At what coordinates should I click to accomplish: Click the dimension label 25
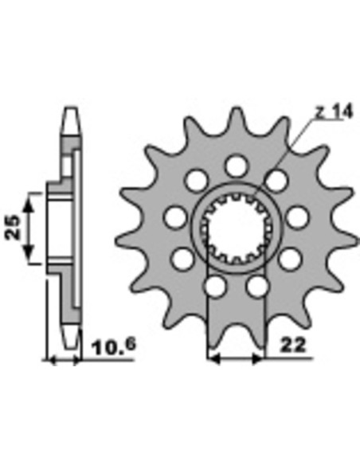pos(13,227)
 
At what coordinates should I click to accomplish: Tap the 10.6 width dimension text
pos(114,347)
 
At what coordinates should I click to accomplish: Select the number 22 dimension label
pos(292,346)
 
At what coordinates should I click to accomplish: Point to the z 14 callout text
pos(334,112)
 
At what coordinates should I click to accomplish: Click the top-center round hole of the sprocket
pos(236,166)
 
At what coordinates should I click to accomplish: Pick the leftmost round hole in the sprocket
pos(174,218)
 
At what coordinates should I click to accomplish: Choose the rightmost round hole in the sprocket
pos(297,218)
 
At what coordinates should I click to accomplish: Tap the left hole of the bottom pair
pos(216,287)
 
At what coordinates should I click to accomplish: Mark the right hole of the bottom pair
pos(256,287)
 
